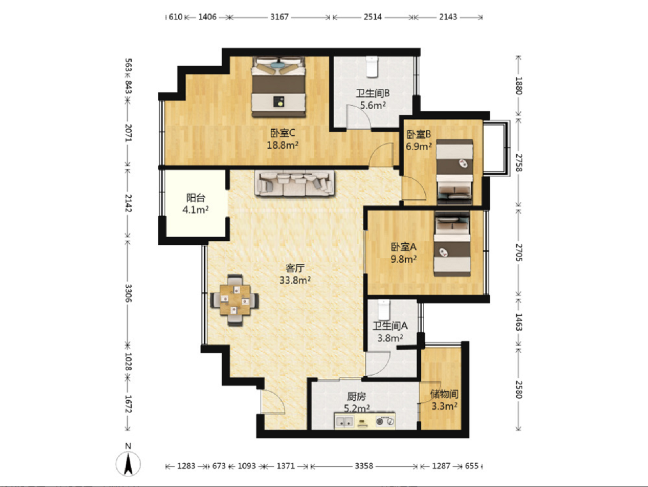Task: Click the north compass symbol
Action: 128,461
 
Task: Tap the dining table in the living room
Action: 234,300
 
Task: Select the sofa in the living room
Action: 294,183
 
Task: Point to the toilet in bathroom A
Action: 384,309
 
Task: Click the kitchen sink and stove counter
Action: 365,420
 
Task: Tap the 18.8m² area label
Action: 283,145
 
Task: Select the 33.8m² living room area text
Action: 295,280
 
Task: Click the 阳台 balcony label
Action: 196,198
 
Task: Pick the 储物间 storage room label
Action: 444,394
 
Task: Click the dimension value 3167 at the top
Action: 279,17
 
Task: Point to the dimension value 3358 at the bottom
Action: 364,466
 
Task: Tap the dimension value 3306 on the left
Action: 128,293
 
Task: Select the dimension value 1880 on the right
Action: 519,86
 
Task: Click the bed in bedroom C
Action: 278,87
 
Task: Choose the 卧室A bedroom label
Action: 404,247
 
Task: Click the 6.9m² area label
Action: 418,146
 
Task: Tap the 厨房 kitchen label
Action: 357,397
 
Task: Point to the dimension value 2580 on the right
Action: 519,390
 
